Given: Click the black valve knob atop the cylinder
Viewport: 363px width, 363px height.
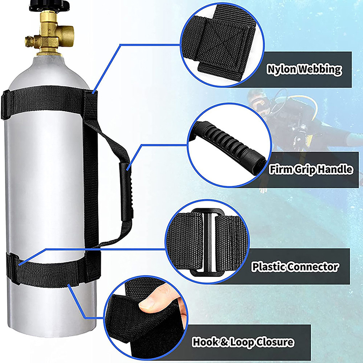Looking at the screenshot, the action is tap(49, 5).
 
